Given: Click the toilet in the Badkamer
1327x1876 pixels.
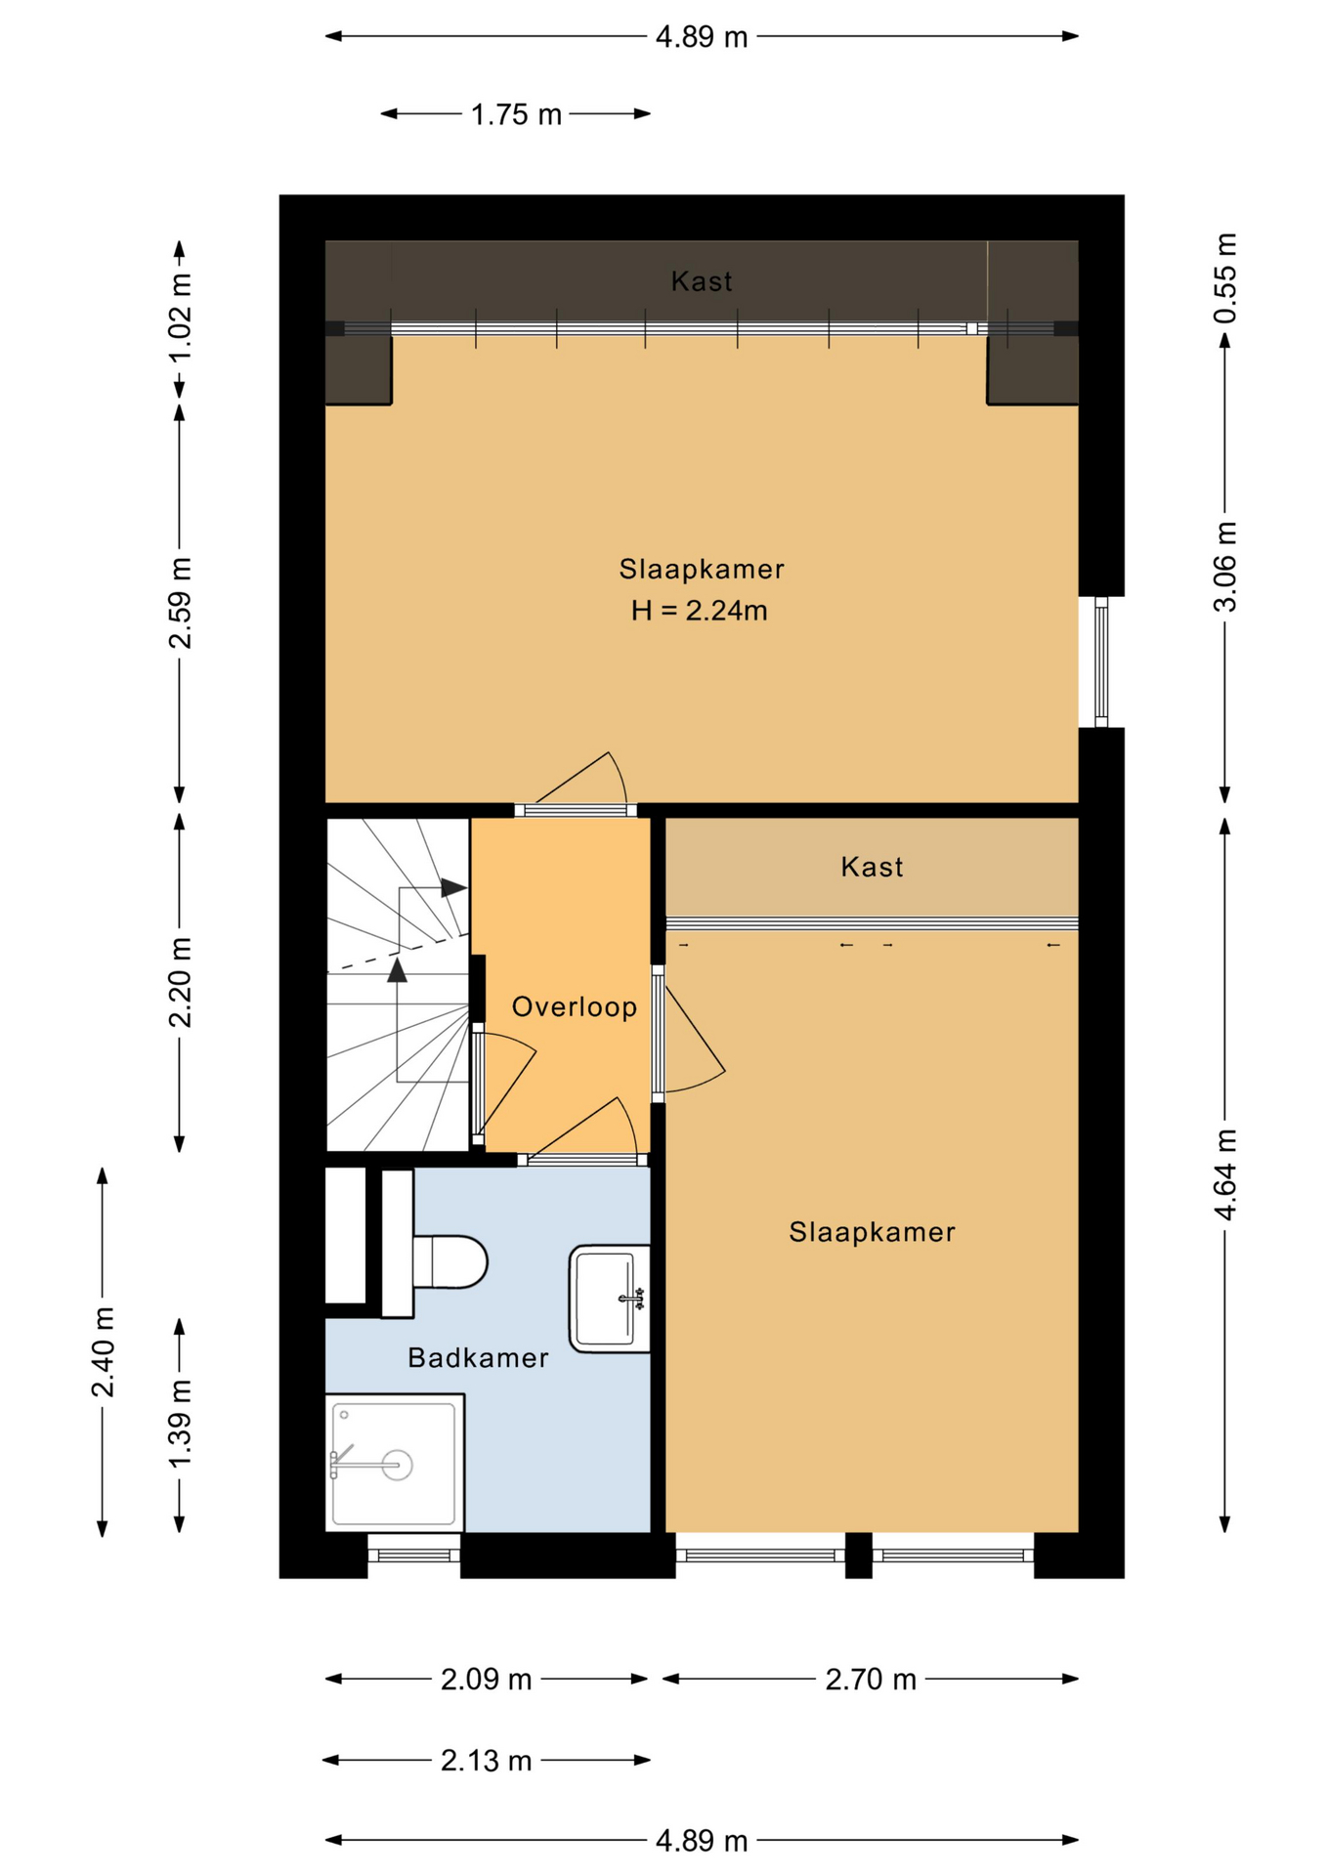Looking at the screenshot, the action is (x=449, y=1261).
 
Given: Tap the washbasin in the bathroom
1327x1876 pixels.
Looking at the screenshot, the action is (x=610, y=1299).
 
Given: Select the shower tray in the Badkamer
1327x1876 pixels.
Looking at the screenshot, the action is (x=395, y=1463).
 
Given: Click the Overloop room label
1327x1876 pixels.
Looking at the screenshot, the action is (x=575, y=1006).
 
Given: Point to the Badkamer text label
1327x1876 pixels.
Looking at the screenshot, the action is (x=478, y=1357).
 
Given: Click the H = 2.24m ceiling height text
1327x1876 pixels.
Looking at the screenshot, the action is (x=700, y=611).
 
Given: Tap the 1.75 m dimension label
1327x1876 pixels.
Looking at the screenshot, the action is (x=516, y=114).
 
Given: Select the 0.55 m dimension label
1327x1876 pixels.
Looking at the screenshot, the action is (x=1225, y=278).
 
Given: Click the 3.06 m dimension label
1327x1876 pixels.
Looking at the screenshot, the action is (x=1225, y=567).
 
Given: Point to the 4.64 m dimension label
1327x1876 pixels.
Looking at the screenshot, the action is (x=1225, y=1174).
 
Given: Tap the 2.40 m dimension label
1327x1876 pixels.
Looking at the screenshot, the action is (x=103, y=1351).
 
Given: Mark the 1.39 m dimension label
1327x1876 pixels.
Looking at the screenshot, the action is (x=180, y=1424).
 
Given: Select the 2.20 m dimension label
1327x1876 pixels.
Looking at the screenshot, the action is (x=180, y=982).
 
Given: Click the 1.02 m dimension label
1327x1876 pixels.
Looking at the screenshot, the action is (x=180, y=318).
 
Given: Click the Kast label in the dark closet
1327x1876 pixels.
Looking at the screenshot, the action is (x=702, y=281).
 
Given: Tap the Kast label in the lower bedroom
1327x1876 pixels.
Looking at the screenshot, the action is (x=872, y=867).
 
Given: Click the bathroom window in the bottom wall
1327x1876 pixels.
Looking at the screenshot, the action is (x=414, y=1555).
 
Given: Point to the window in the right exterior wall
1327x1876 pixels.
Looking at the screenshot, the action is (x=1101, y=661).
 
